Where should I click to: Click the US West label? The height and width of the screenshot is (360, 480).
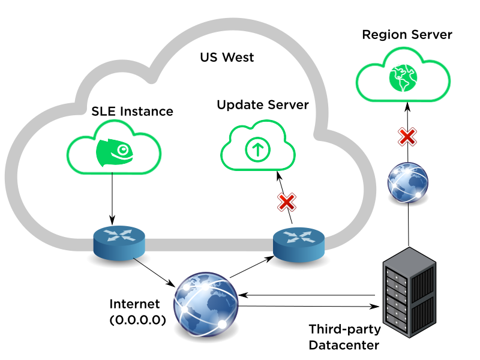(x=227, y=58)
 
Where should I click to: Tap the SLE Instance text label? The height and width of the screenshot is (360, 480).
(x=132, y=112)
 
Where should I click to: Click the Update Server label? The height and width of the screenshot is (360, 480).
(x=263, y=105)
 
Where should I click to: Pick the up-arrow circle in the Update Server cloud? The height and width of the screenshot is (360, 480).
(x=257, y=150)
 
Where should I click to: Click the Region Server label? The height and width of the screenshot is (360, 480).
(x=407, y=34)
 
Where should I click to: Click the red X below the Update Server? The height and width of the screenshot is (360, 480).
(x=287, y=202)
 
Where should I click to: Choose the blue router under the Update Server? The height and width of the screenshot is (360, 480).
(x=298, y=242)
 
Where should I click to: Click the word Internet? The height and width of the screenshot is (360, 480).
(x=135, y=304)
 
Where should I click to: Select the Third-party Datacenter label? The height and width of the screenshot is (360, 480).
(x=344, y=337)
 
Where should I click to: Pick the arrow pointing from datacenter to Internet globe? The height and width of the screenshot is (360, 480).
(x=306, y=295)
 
